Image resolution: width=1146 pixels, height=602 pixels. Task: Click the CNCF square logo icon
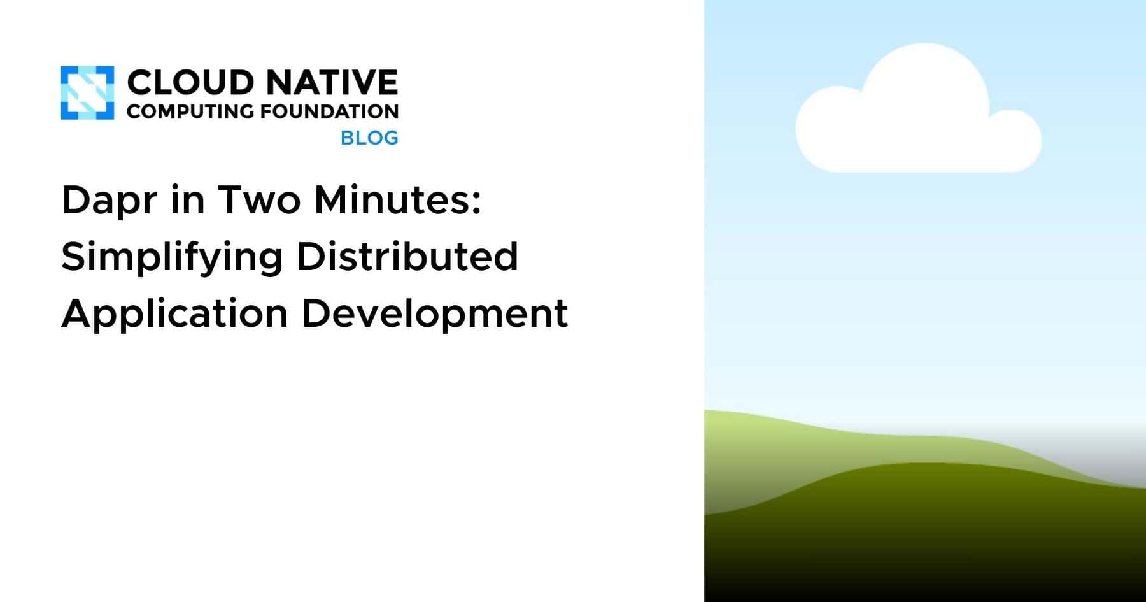point(87,93)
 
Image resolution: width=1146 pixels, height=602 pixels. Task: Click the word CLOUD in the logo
point(190,83)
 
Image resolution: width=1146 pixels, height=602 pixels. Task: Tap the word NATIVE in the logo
point(332,83)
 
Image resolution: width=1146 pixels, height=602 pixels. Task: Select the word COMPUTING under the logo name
point(190,111)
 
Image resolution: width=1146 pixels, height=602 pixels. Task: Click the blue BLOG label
point(369,138)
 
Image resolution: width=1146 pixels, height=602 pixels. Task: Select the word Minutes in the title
point(391,200)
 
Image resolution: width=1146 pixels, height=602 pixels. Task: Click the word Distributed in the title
point(407,256)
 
